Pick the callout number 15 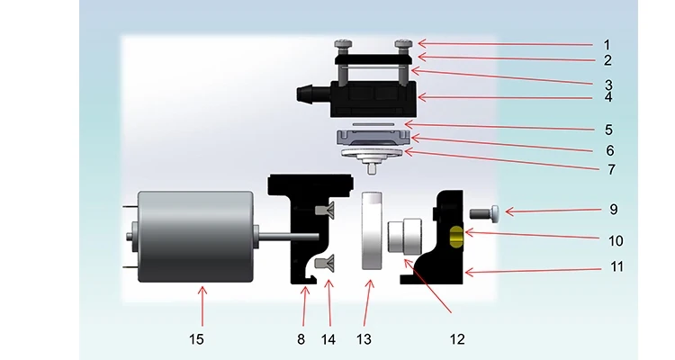(x=197, y=339)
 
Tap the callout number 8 (x=301, y=339)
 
